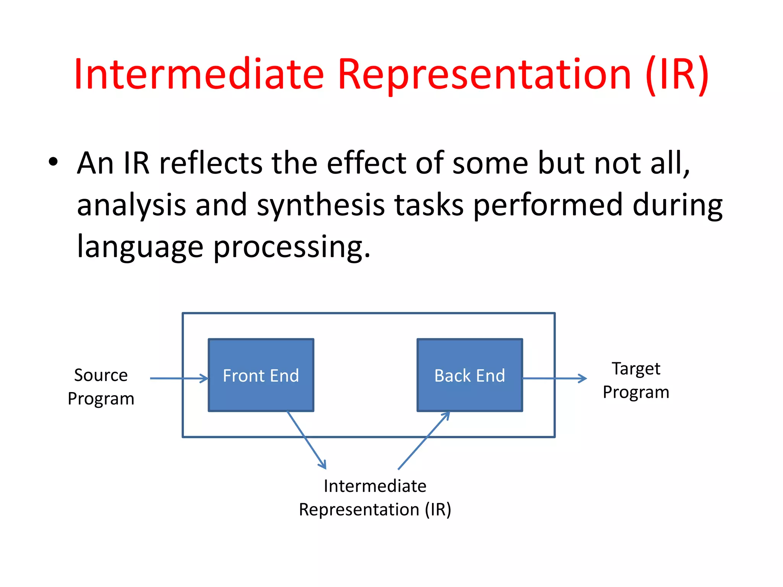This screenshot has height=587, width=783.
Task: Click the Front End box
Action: [261, 375]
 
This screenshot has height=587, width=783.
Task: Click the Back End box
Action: [469, 375]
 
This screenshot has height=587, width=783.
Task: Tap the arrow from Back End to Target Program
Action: [554, 378]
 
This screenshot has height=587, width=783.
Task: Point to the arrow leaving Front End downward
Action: [306, 439]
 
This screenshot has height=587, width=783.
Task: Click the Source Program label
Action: [101, 386]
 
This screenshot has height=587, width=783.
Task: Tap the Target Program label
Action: [636, 380]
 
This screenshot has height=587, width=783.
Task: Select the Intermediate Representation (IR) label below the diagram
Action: [375, 498]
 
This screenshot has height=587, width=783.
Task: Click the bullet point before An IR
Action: [53, 162]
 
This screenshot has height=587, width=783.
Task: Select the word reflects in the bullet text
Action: [211, 163]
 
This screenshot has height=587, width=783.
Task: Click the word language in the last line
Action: [140, 247]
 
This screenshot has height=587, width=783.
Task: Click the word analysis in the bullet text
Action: [132, 205]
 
